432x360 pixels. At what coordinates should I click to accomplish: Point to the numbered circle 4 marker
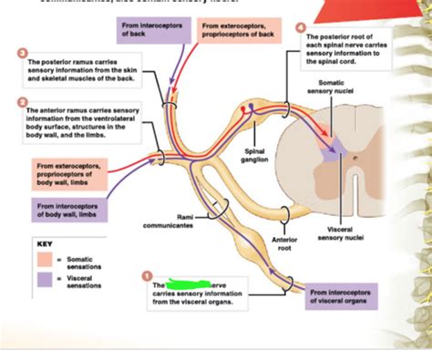tap(302, 28)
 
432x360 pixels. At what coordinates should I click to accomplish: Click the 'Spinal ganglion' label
tap(255, 155)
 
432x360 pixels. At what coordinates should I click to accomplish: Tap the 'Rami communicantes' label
tap(168, 221)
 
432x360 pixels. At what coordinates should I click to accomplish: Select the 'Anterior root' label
tap(285, 242)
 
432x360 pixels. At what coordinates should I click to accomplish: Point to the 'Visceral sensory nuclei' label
tap(340, 232)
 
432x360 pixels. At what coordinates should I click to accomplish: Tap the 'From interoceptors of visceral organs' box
tap(344, 297)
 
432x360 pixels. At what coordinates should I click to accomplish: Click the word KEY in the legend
tap(45, 244)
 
